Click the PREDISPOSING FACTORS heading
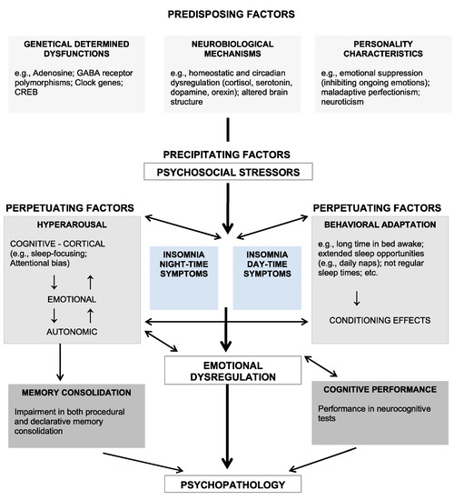[x=226, y=15]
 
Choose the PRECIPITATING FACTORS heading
[x=226, y=156]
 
